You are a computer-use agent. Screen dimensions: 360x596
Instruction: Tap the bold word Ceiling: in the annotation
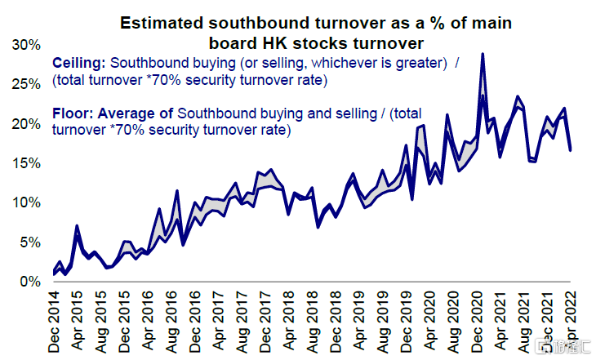pyautogui.click(x=78, y=62)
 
